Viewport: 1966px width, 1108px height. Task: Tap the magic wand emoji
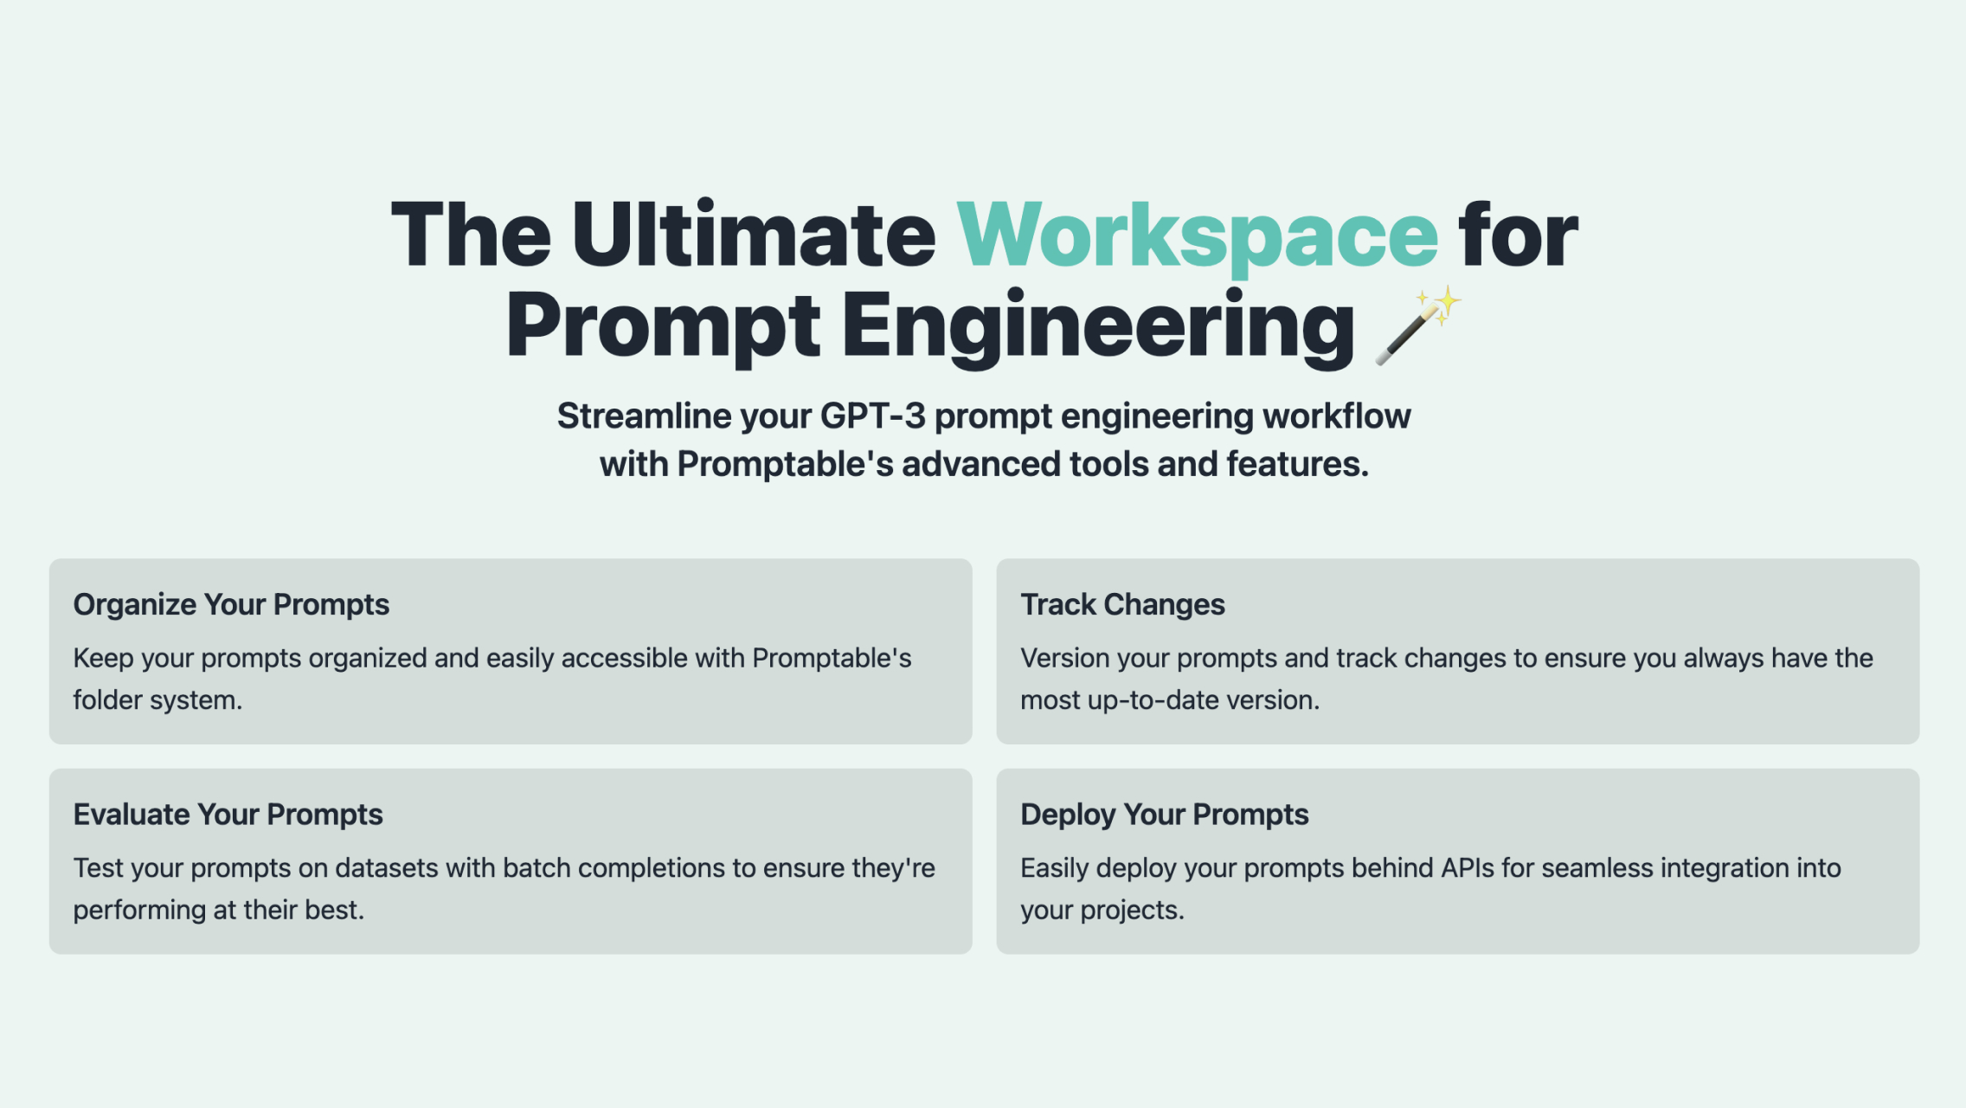point(1417,327)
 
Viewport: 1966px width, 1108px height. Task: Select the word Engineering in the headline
point(1098,327)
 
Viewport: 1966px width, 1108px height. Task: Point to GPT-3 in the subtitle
point(872,416)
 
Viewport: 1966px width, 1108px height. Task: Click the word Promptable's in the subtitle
point(784,465)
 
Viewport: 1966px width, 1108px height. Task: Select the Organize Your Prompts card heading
point(231,604)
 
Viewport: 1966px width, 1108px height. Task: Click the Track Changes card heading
point(1122,604)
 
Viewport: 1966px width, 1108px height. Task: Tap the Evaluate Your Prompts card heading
point(228,815)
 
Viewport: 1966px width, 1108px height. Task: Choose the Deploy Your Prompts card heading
point(1164,815)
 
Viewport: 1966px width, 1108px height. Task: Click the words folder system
point(157,700)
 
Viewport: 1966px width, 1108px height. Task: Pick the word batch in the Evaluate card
point(536,868)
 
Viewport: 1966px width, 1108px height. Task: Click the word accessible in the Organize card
point(624,659)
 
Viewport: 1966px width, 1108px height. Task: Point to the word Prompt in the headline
point(663,327)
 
